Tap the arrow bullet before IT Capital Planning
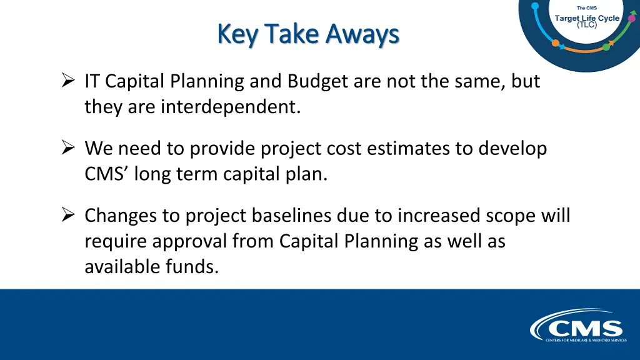click(x=68, y=81)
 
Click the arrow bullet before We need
click(x=68, y=148)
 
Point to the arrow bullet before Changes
click(x=68, y=215)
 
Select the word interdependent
click(x=231, y=107)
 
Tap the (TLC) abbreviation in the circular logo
click(x=586, y=25)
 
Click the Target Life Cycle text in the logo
click(x=587, y=17)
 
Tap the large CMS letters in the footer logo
click(x=585, y=328)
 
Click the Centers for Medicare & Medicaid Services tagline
click(x=585, y=340)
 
